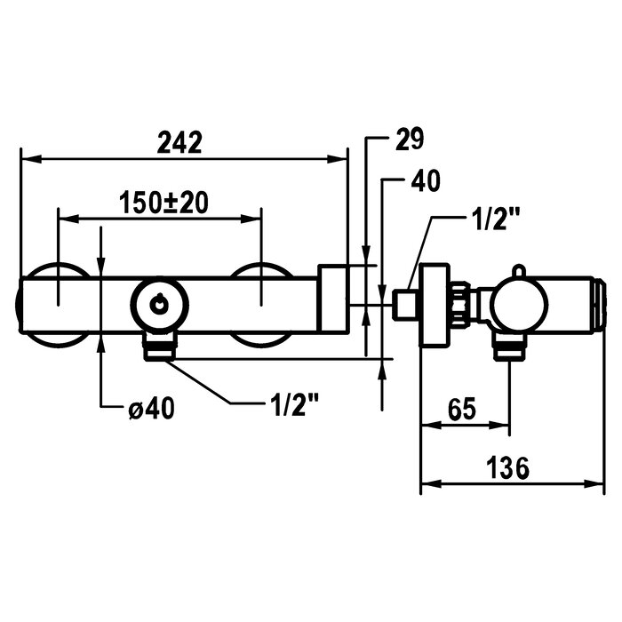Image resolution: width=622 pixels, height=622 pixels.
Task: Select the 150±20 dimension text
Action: pyautogui.click(x=163, y=203)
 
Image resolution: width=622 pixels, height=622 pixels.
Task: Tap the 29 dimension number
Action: pyautogui.click(x=410, y=139)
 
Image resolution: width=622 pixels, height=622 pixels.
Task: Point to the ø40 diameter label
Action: pyautogui.click(x=151, y=407)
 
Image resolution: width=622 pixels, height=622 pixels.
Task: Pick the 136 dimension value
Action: pyautogui.click(x=507, y=467)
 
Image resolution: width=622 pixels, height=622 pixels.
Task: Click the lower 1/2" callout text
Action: pyautogui.click(x=294, y=404)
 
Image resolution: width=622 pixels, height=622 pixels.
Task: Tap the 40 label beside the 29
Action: pyautogui.click(x=426, y=181)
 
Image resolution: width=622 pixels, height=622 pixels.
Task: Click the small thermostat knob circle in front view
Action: pyautogui.click(x=159, y=305)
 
